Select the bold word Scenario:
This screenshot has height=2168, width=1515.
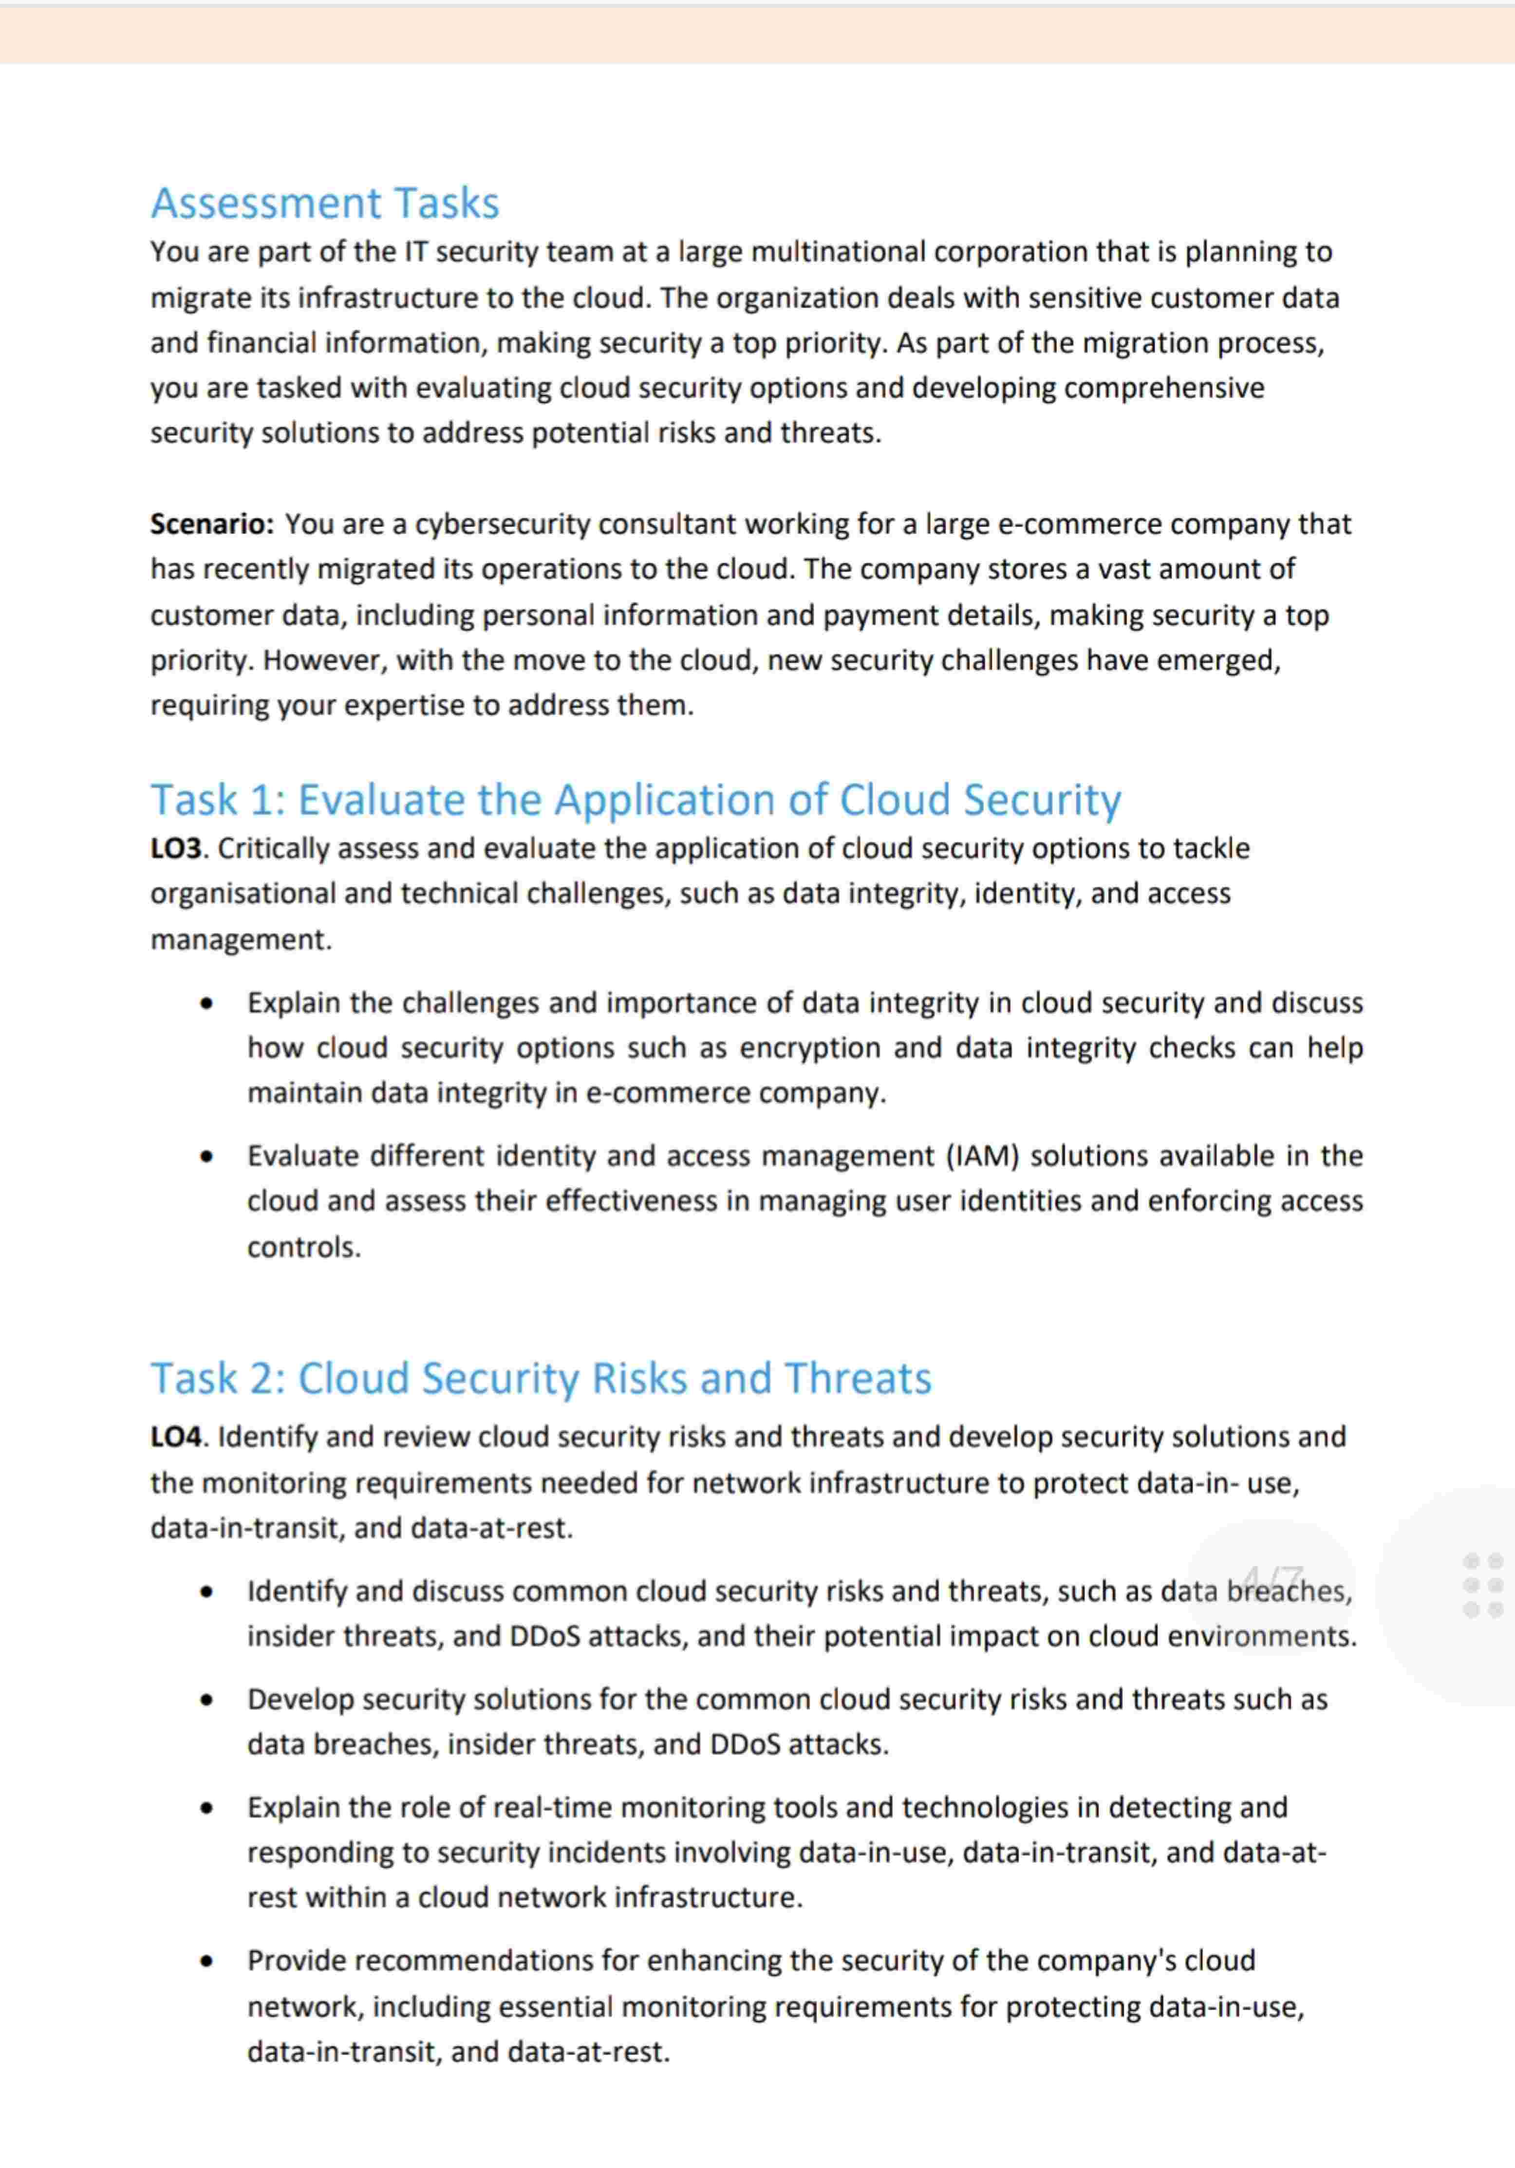(x=211, y=524)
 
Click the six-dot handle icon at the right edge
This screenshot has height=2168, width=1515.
(x=1482, y=1586)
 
